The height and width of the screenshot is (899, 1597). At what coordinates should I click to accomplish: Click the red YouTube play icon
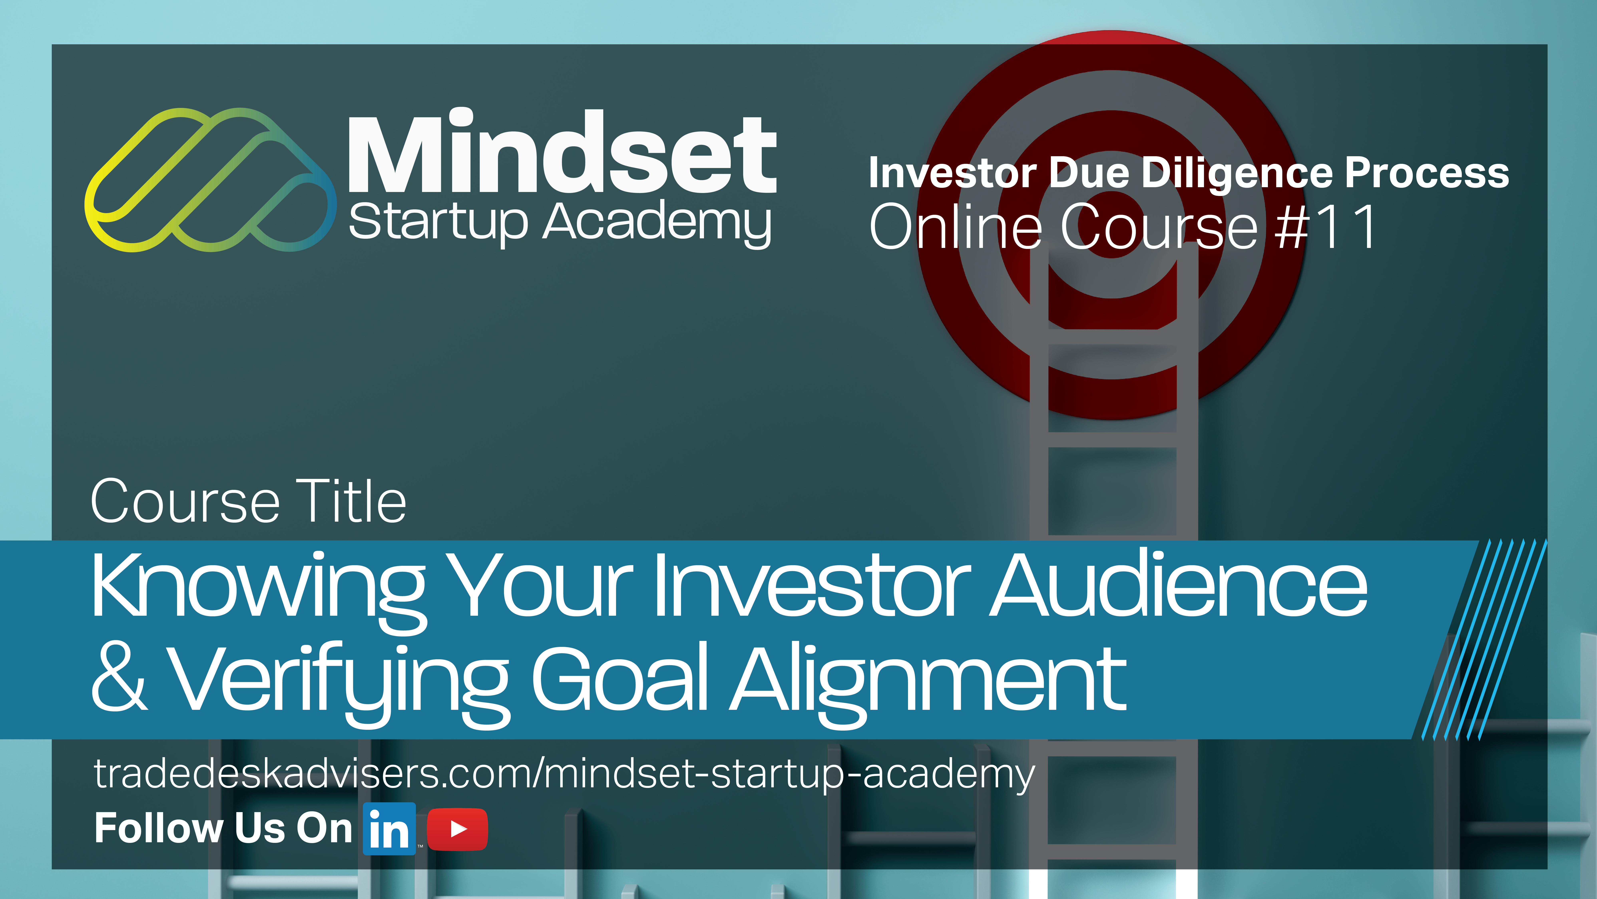(x=458, y=829)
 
